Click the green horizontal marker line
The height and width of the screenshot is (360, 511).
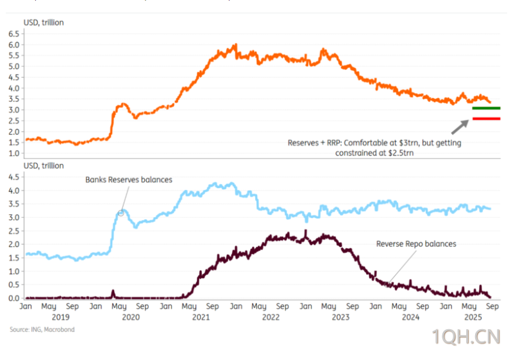click(x=486, y=108)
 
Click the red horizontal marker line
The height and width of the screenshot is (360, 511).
click(x=486, y=119)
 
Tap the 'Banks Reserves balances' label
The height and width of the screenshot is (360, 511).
click(x=129, y=180)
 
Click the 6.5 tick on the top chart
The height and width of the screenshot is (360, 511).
click(x=13, y=34)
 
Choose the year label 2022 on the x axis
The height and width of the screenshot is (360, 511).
click(x=270, y=316)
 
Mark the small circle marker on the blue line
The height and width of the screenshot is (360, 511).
click(x=121, y=212)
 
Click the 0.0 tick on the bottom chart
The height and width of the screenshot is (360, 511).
click(x=13, y=298)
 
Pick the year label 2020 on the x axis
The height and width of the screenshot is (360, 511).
click(x=131, y=316)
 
